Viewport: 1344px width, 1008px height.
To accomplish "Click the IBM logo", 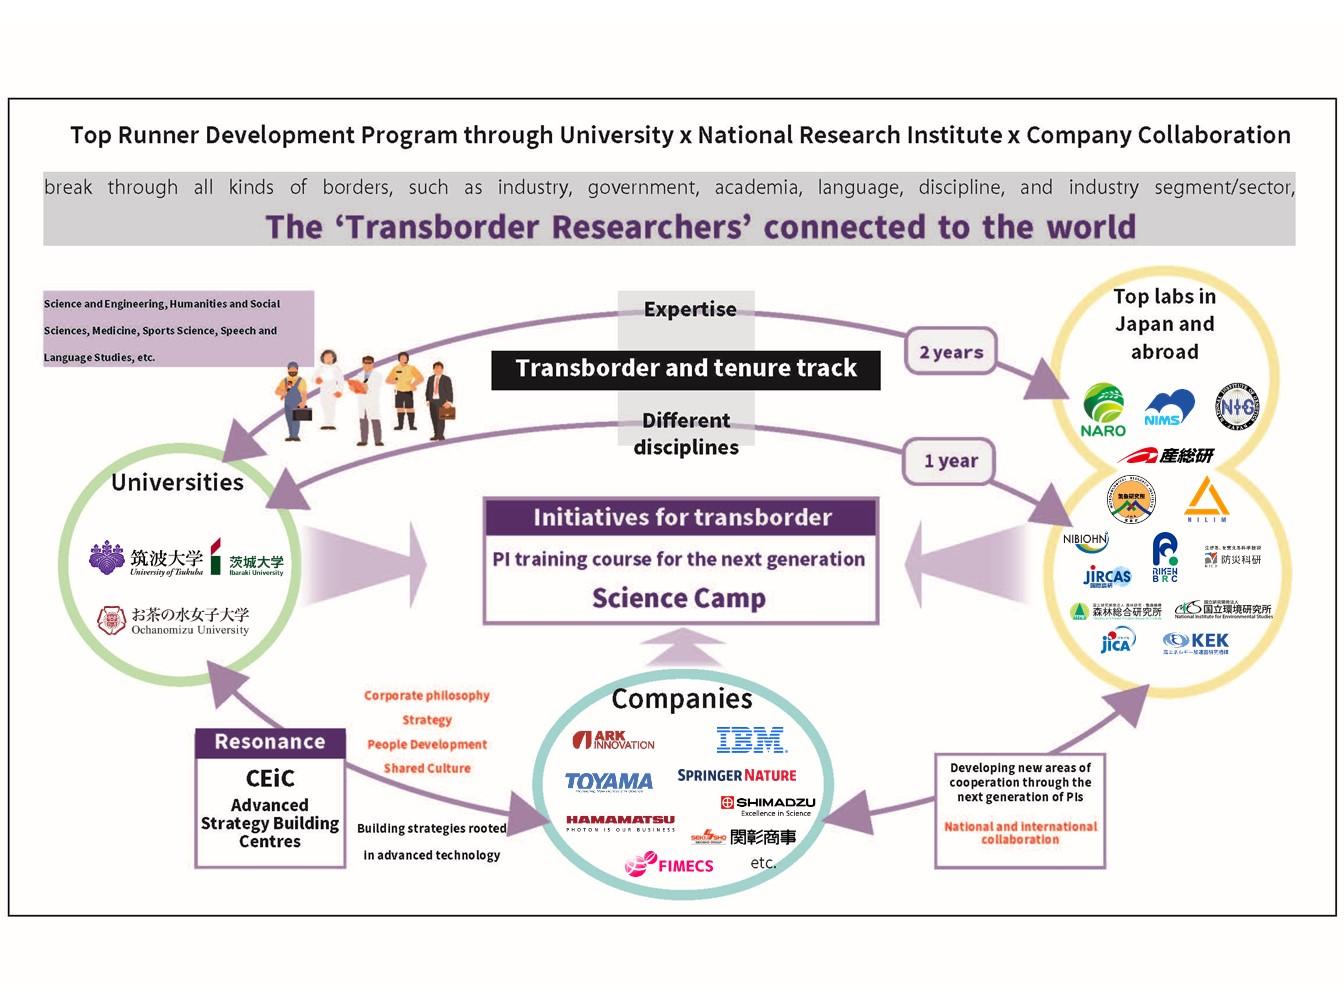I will pyautogui.click(x=751, y=740).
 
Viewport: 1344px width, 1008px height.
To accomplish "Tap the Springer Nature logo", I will pyautogui.click(x=737, y=775).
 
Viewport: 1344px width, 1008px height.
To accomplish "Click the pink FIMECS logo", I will pyautogui.click(x=669, y=865).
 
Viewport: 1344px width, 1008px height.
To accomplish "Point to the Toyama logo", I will pyautogui.click(x=608, y=782).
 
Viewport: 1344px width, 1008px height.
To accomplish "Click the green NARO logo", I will pyautogui.click(x=1103, y=411).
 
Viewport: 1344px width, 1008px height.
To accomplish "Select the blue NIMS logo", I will pyautogui.click(x=1168, y=408).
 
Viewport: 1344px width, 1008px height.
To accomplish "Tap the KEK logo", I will pyautogui.click(x=1196, y=642).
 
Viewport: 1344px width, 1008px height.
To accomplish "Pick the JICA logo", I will pyautogui.click(x=1116, y=641).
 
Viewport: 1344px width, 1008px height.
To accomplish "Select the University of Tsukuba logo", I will pyautogui.click(x=146, y=560).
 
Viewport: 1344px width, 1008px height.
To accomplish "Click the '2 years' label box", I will pyautogui.click(x=951, y=352).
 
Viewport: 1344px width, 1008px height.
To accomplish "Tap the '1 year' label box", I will pyautogui.click(x=950, y=461).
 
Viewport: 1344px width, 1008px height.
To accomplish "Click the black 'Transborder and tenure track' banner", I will pyautogui.click(x=686, y=369).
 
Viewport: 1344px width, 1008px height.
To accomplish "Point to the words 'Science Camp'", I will pyautogui.click(x=679, y=598).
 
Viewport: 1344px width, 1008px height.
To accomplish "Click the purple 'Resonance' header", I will pyautogui.click(x=270, y=742).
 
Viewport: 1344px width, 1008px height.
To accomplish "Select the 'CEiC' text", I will pyautogui.click(x=270, y=778).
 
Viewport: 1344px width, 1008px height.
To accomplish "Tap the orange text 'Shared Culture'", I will pyautogui.click(x=427, y=768).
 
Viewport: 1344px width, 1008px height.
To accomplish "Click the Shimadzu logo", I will pyautogui.click(x=767, y=804).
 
